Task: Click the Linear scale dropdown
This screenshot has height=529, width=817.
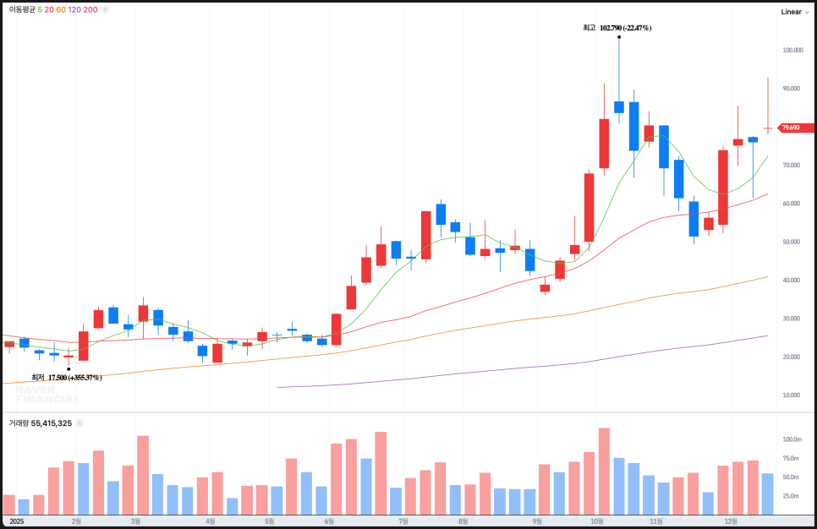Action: click(794, 12)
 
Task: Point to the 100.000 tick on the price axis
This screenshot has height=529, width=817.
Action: click(792, 51)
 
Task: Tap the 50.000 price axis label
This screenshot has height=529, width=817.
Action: click(792, 242)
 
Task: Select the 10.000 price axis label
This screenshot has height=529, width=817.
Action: click(792, 395)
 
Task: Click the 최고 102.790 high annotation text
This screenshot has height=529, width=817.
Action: click(617, 28)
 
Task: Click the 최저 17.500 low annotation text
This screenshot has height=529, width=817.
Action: click(67, 377)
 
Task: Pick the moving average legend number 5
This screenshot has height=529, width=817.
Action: click(40, 9)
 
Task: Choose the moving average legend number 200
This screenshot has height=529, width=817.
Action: click(90, 9)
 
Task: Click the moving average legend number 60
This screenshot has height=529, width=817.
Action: click(61, 9)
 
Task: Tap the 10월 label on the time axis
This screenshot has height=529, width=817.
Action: click(596, 521)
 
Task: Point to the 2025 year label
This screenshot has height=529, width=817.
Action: click(16, 521)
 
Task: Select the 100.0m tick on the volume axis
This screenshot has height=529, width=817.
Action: click(792, 439)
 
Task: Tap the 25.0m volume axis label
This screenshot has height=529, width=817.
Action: click(792, 495)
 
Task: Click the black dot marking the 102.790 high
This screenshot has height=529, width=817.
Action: click(619, 37)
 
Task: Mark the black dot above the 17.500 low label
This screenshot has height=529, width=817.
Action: click(68, 368)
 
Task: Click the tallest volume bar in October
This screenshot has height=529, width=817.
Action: click(604, 472)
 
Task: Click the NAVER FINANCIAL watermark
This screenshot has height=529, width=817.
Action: click(47, 395)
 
